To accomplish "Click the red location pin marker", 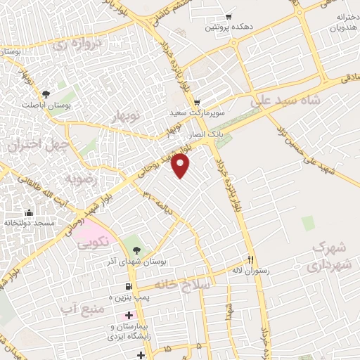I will click(182, 166).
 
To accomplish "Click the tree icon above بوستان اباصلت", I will click(46, 94).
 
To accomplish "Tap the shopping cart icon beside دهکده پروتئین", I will click(229, 17).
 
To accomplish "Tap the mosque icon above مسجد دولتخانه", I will click(29, 213).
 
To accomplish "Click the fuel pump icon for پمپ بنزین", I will click(127, 286).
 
